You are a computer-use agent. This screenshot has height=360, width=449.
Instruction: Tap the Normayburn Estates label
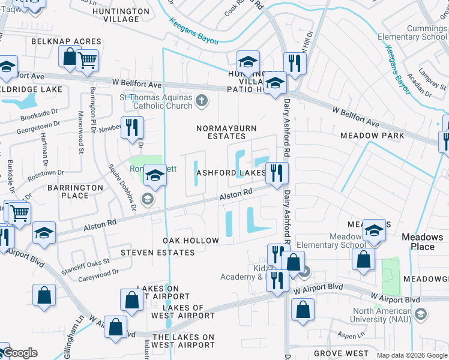222,132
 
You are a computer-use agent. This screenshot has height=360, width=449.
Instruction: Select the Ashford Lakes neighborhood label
231,173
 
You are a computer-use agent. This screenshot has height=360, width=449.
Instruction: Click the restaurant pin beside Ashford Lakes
277,173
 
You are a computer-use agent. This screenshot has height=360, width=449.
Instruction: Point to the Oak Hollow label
191,241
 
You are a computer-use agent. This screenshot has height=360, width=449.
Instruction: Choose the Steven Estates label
157,253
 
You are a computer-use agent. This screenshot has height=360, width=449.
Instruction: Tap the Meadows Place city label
422,242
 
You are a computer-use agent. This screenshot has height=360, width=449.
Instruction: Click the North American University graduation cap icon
421,314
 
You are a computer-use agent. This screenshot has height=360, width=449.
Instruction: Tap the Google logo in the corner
20,353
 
